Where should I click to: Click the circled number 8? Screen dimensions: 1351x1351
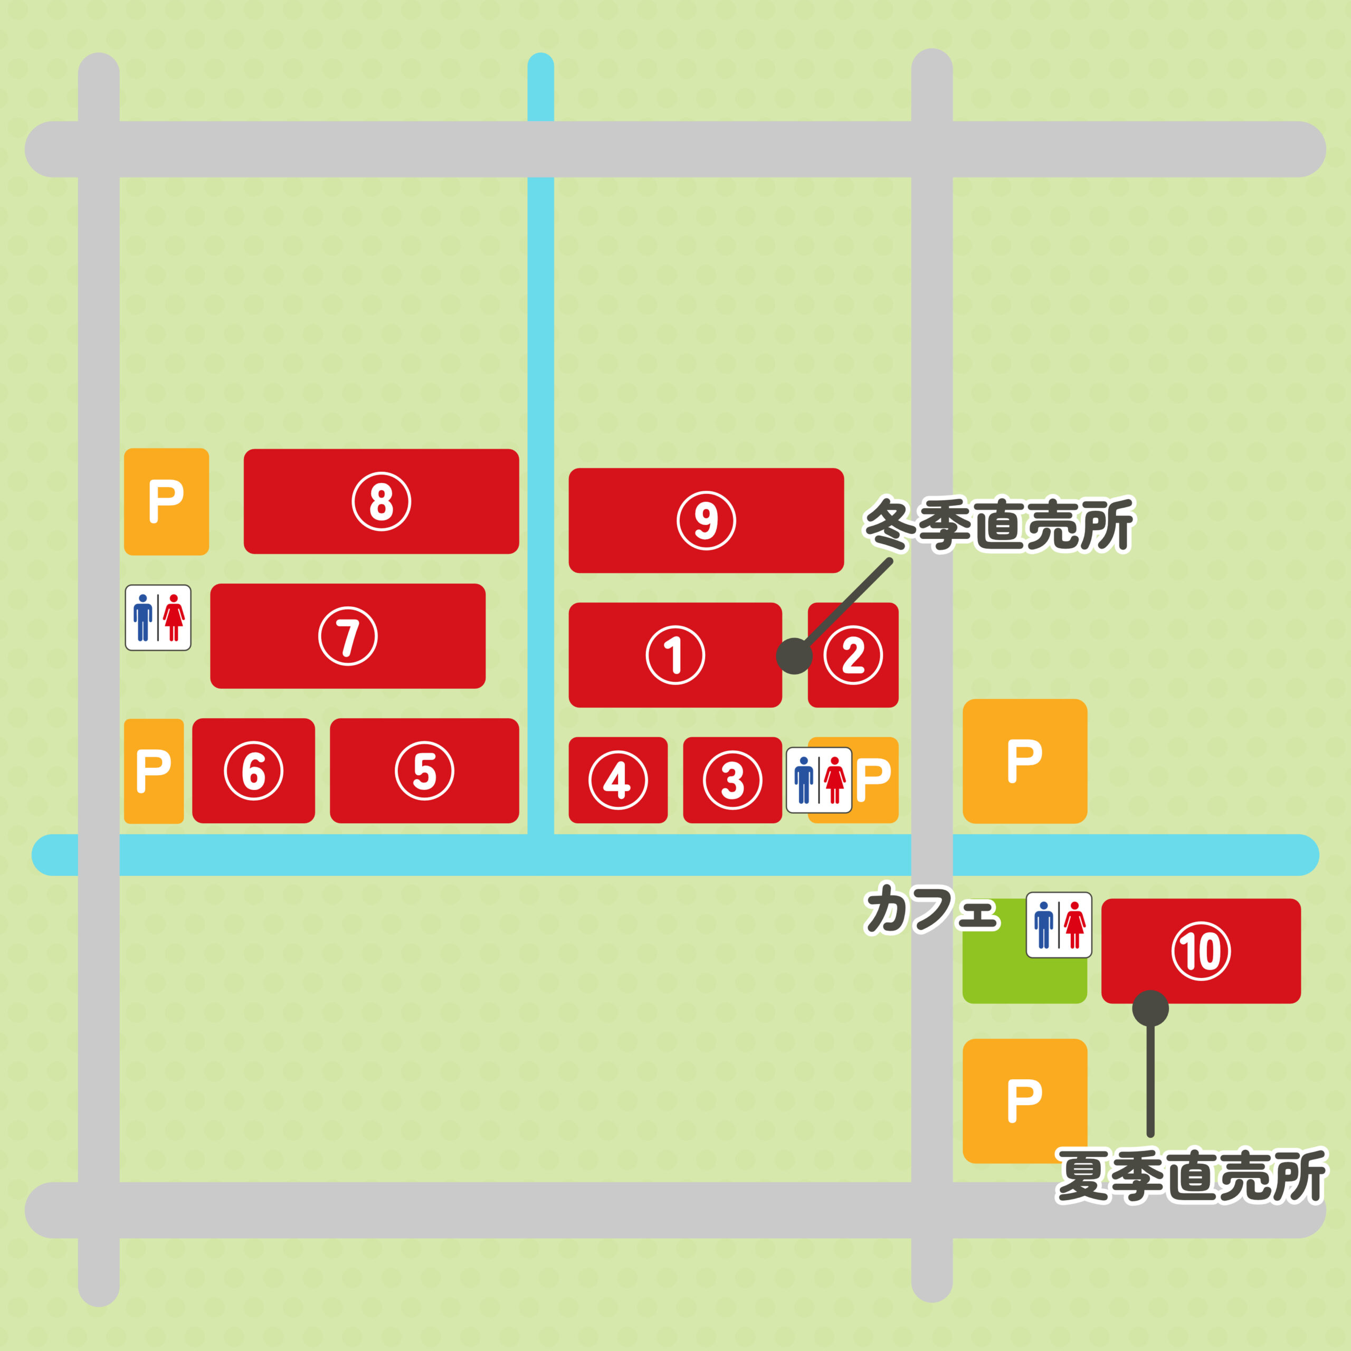pos(381,501)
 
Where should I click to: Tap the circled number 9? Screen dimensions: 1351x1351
pos(706,520)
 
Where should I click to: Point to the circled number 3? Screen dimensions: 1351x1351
pos(732,779)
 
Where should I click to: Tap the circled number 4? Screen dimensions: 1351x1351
pos(618,779)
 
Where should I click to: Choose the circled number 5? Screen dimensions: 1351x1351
pos(424,770)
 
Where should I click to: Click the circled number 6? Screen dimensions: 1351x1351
pos(254,770)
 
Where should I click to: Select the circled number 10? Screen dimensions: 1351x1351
pos(1201,951)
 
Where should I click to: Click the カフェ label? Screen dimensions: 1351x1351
pos(932,910)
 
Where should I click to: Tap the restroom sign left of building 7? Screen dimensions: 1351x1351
pos(158,617)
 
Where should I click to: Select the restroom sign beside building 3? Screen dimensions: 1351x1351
pos(819,779)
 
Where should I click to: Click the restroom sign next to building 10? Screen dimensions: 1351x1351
pos(1059,925)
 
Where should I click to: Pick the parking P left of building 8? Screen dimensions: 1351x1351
pos(166,501)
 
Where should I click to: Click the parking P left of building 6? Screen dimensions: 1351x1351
pos(154,770)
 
